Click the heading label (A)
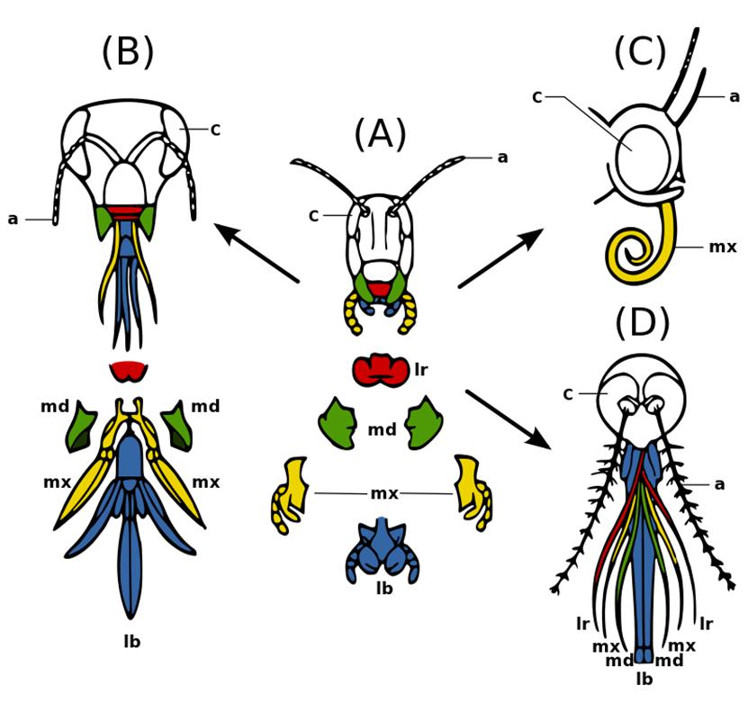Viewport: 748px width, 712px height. [x=379, y=135]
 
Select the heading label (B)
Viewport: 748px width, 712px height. [x=127, y=52]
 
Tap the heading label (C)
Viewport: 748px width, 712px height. [x=640, y=52]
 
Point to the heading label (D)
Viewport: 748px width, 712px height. [x=643, y=324]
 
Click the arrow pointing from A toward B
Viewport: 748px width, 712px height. [x=257, y=254]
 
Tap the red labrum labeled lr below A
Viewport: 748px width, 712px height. [x=379, y=370]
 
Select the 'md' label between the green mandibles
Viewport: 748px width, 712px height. [x=381, y=429]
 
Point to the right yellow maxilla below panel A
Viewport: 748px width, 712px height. [x=473, y=491]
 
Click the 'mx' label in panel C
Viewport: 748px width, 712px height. [x=722, y=246]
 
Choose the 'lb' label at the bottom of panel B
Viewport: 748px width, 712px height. [x=131, y=642]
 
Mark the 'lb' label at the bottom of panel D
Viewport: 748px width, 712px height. [x=644, y=679]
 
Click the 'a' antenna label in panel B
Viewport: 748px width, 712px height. [x=13, y=219]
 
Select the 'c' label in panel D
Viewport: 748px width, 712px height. [x=567, y=392]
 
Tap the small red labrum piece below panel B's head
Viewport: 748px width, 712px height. [x=128, y=370]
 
